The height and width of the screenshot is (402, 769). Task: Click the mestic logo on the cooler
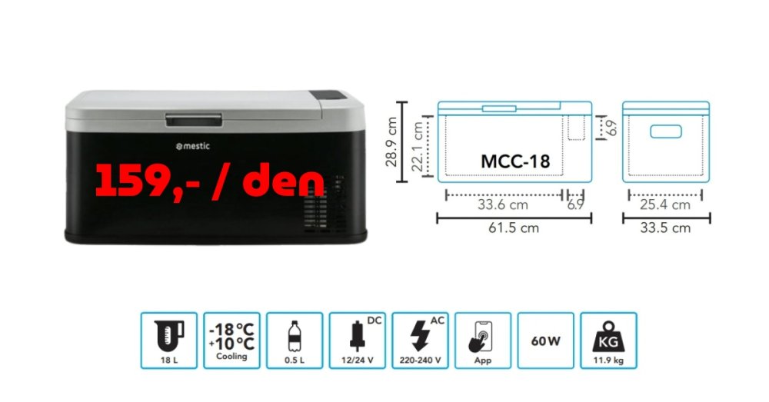click(193, 146)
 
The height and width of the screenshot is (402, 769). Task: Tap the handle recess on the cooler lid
click(194, 120)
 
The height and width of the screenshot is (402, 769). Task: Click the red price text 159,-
click(148, 181)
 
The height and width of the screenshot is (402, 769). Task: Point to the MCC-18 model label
click(515, 161)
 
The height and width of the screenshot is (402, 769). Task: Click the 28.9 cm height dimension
click(391, 141)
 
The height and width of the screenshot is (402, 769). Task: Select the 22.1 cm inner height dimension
click(417, 147)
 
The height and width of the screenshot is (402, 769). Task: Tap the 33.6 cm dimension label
click(503, 204)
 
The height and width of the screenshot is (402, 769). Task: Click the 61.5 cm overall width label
click(514, 228)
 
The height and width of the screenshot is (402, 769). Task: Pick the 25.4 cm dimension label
click(665, 204)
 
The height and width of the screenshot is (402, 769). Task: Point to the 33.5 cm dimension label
click(665, 228)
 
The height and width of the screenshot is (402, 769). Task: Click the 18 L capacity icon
click(168, 341)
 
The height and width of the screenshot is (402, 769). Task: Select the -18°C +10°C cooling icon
click(231, 341)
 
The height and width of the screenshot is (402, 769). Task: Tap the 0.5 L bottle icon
click(295, 341)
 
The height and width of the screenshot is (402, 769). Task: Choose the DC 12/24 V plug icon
click(357, 341)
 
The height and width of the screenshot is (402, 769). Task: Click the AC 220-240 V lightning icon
click(420, 341)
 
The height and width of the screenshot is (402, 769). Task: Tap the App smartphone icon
click(483, 341)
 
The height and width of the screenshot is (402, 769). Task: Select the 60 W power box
click(545, 341)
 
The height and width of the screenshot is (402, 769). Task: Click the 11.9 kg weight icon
click(608, 341)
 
